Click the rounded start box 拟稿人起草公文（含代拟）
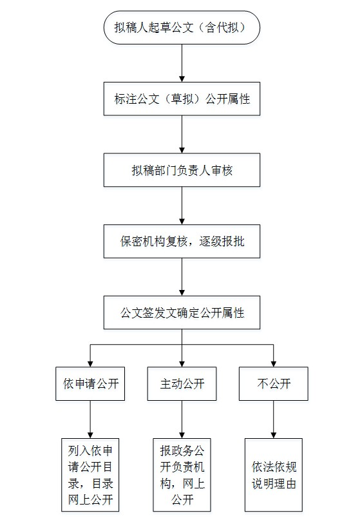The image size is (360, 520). (x=182, y=27)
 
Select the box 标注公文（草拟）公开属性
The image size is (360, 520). (x=182, y=99)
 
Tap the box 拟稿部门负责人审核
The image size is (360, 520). (x=182, y=170)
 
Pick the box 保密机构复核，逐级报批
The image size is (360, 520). (x=182, y=242)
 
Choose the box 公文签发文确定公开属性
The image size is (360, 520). (x=182, y=313)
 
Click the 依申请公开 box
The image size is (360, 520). (x=90, y=383)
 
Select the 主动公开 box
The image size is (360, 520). (x=182, y=383)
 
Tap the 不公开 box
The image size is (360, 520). (x=274, y=383)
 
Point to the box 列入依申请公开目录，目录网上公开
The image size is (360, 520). (x=90, y=475)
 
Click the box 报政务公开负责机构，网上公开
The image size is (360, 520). (x=182, y=475)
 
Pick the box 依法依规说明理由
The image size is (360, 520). (x=274, y=475)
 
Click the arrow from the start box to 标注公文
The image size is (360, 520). (x=182, y=63)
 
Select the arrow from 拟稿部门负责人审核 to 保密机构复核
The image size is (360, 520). (x=182, y=206)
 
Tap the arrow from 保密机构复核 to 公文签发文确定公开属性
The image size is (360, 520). (x=182, y=277)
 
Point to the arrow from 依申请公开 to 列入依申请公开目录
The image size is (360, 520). (x=90, y=419)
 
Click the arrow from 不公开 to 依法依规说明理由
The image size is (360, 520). (x=274, y=419)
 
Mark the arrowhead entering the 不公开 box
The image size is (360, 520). (x=274, y=364)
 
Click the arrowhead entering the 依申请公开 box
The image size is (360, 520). (x=90, y=364)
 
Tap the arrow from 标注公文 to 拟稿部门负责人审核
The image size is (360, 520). (x=182, y=134)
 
